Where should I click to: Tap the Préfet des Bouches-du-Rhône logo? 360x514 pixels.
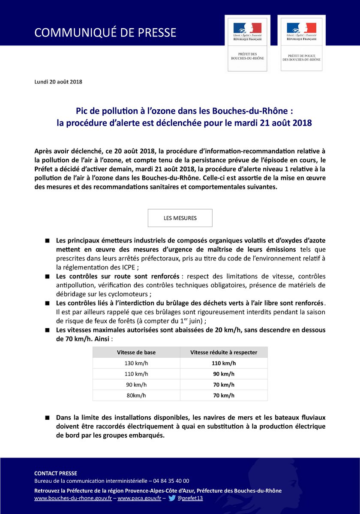(x=247, y=43)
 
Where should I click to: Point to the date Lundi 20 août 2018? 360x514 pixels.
(x=58, y=82)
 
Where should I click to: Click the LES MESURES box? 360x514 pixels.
(x=180, y=218)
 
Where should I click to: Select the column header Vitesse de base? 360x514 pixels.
(x=136, y=352)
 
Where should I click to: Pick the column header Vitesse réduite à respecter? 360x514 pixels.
(x=224, y=352)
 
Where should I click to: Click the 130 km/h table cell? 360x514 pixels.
(x=136, y=363)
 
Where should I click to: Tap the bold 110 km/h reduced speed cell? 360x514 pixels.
(x=224, y=363)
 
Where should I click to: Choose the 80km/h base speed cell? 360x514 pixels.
(x=136, y=395)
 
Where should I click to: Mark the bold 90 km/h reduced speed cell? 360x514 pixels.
(x=224, y=374)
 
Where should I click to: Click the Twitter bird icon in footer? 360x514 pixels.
(x=172, y=498)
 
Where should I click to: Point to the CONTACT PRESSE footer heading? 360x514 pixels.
(x=56, y=473)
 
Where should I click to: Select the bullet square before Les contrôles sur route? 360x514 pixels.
(x=47, y=277)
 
